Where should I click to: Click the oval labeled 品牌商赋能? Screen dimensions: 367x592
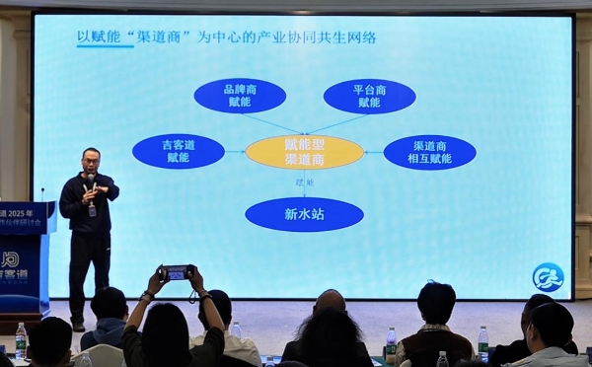point(240,96)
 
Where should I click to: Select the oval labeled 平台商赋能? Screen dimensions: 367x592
point(369,96)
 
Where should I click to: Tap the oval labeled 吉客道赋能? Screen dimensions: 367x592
point(179,151)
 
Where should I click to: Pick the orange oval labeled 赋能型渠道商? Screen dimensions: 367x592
point(304,152)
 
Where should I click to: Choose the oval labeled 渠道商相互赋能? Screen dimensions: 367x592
point(429,152)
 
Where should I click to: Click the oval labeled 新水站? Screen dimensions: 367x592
point(304,214)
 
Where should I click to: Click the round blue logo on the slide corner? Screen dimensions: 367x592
point(548,277)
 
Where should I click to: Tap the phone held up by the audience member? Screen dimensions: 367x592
point(176,271)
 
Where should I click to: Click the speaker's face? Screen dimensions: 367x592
point(91,160)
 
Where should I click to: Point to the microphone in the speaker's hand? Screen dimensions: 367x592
point(90,182)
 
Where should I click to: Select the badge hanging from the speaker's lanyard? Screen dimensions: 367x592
point(92,209)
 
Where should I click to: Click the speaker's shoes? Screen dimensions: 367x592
point(78,325)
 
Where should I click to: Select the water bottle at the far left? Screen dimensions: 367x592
point(21,340)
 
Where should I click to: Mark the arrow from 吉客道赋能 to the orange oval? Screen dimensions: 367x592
point(235,152)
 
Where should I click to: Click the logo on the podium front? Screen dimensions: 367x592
point(10,261)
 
